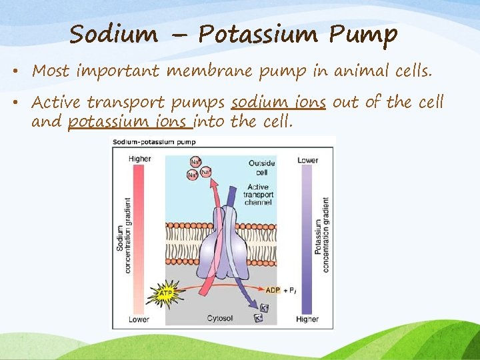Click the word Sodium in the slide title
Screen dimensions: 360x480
click(x=113, y=33)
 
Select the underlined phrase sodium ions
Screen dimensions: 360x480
click(x=278, y=103)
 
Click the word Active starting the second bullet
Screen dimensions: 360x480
click(x=57, y=103)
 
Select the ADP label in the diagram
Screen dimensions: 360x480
click(x=273, y=290)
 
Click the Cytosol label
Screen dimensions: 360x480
click(x=221, y=319)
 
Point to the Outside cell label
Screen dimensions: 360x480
click(x=262, y=167)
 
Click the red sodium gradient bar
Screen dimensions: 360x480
click(x=139, y=240)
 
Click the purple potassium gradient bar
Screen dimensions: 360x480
click(x=307, y=240)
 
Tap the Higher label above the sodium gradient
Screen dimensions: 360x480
click(x=139, y=159)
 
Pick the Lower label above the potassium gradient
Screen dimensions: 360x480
click(x=307, y=160)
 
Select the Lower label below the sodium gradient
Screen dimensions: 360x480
click(x=139, y=319)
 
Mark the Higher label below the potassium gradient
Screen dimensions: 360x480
click(x=307, y=319)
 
